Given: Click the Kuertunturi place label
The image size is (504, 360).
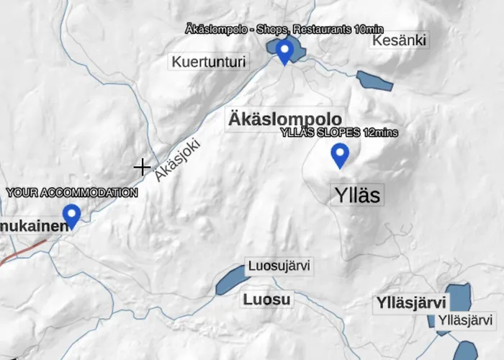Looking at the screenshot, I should click(209, 62).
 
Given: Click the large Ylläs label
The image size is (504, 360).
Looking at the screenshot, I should click(357, 194).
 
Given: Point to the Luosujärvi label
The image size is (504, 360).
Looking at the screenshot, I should click(279, 266).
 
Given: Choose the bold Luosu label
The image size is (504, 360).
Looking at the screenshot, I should click(266, 300).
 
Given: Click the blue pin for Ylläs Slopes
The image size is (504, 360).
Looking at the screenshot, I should click(339, 155).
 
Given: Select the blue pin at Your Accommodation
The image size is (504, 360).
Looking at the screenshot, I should click(71, 215).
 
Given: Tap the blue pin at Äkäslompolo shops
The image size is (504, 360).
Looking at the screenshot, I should click(285, 50).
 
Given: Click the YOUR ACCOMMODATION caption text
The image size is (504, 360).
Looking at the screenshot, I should click(72, 193).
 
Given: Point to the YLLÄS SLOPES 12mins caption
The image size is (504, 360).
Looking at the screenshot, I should click(338, 132).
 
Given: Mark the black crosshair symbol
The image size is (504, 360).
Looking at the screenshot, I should click(142, 167).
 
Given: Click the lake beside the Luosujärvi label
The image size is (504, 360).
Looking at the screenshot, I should click(230, 279).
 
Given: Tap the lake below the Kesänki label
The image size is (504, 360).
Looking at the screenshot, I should click(374, 81).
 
